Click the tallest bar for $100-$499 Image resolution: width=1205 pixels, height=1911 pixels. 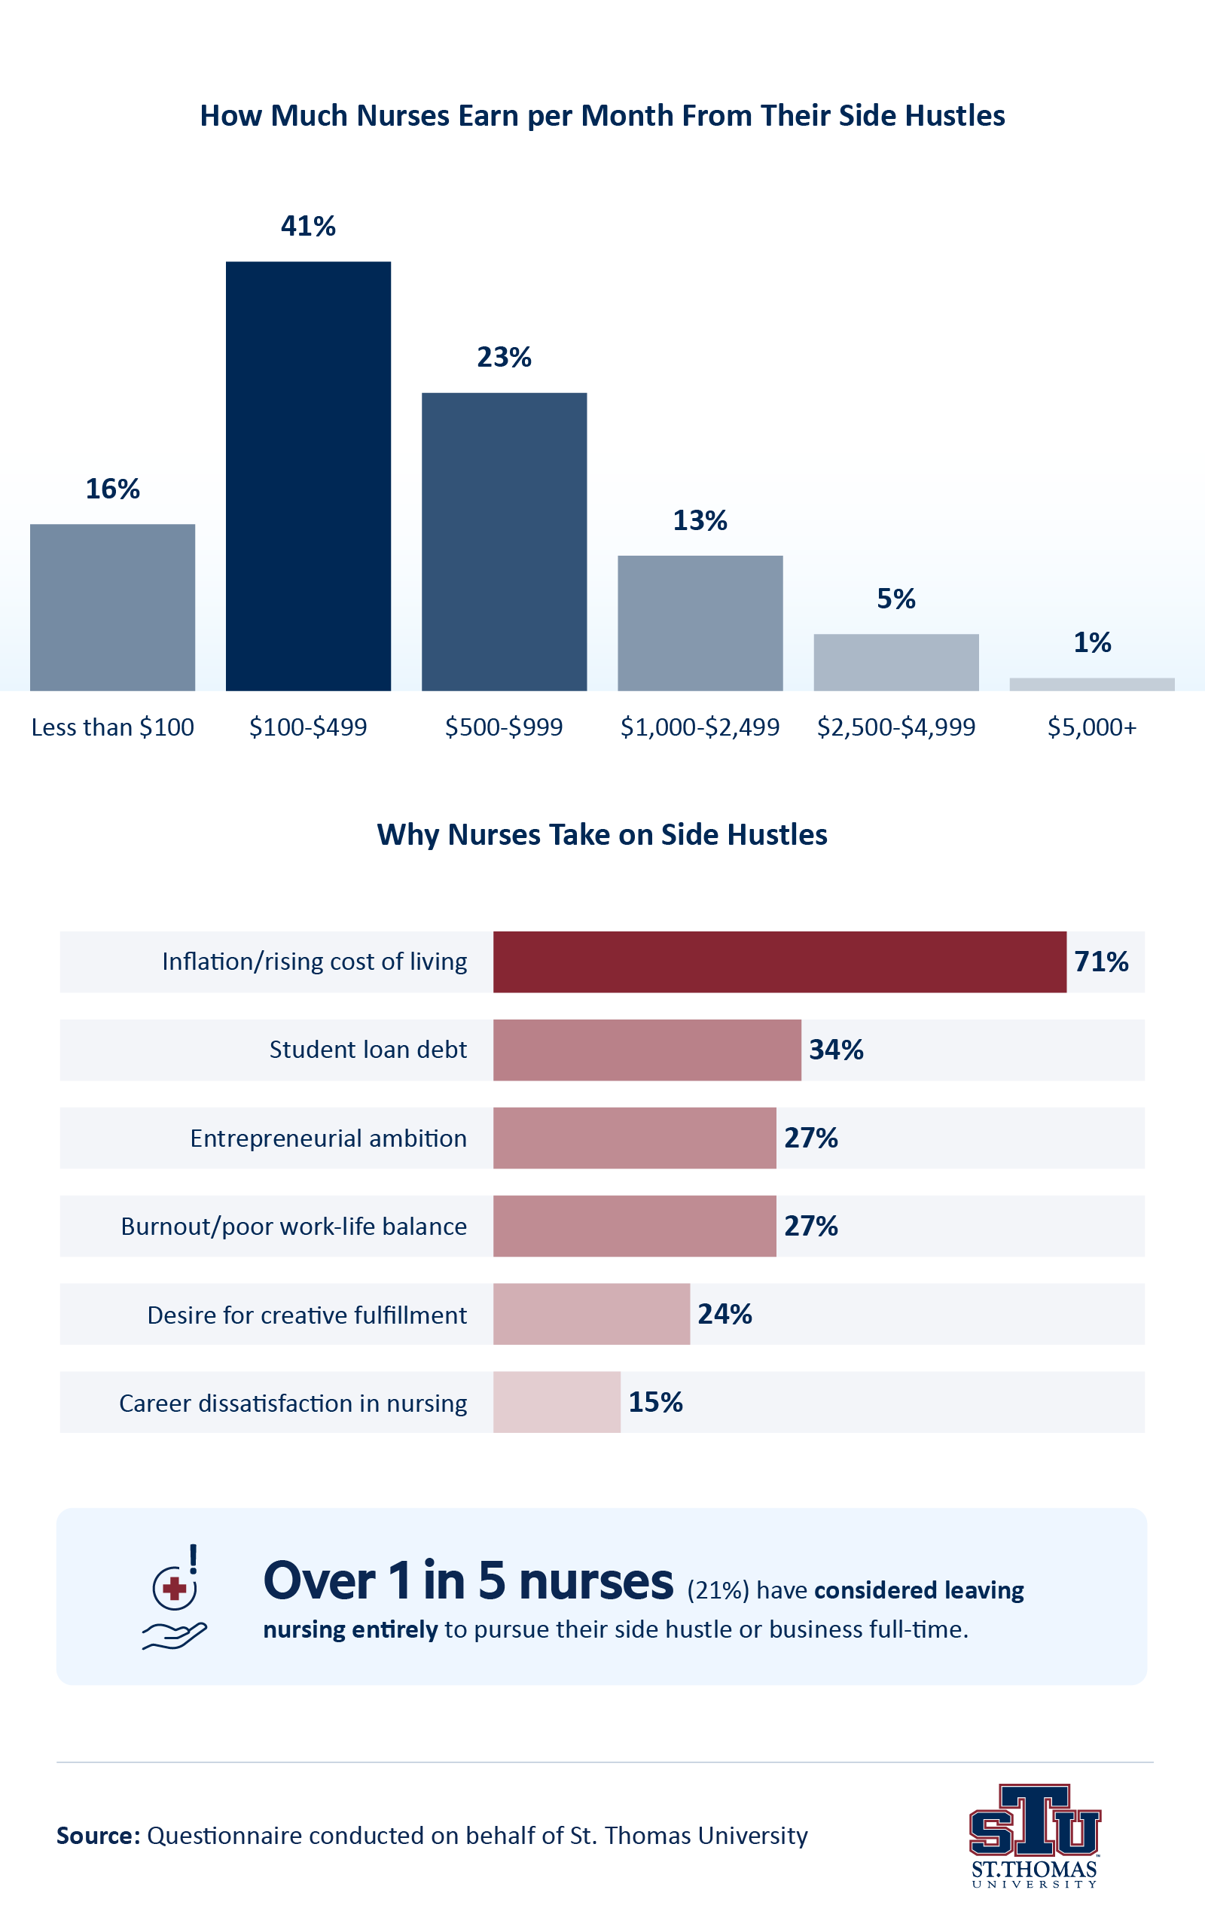308,476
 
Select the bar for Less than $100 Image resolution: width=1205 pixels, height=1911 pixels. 112,607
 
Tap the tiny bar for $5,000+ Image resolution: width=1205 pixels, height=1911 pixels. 1091,684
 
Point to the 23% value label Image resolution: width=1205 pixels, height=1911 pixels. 504,357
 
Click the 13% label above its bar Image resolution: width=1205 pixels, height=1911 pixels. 700,520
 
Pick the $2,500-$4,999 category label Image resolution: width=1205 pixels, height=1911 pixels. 895,727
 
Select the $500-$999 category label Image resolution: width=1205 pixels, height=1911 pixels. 503,727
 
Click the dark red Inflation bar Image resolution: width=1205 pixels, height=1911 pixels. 779,962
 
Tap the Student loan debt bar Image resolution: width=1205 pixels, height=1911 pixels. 647,1050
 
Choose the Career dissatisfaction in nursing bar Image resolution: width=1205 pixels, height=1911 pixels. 557,1402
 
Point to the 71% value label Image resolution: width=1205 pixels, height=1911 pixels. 1101,962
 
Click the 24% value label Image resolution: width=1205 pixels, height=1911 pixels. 725,1314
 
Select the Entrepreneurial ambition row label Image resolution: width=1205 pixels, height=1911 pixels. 328,1138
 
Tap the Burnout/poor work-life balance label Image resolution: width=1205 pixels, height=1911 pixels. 294,1226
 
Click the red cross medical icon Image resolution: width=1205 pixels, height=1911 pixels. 175,1589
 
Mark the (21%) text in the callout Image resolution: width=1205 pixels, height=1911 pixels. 718,1590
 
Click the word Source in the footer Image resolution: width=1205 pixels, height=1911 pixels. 98,1836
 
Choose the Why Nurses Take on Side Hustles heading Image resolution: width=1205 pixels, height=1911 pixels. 602,835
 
